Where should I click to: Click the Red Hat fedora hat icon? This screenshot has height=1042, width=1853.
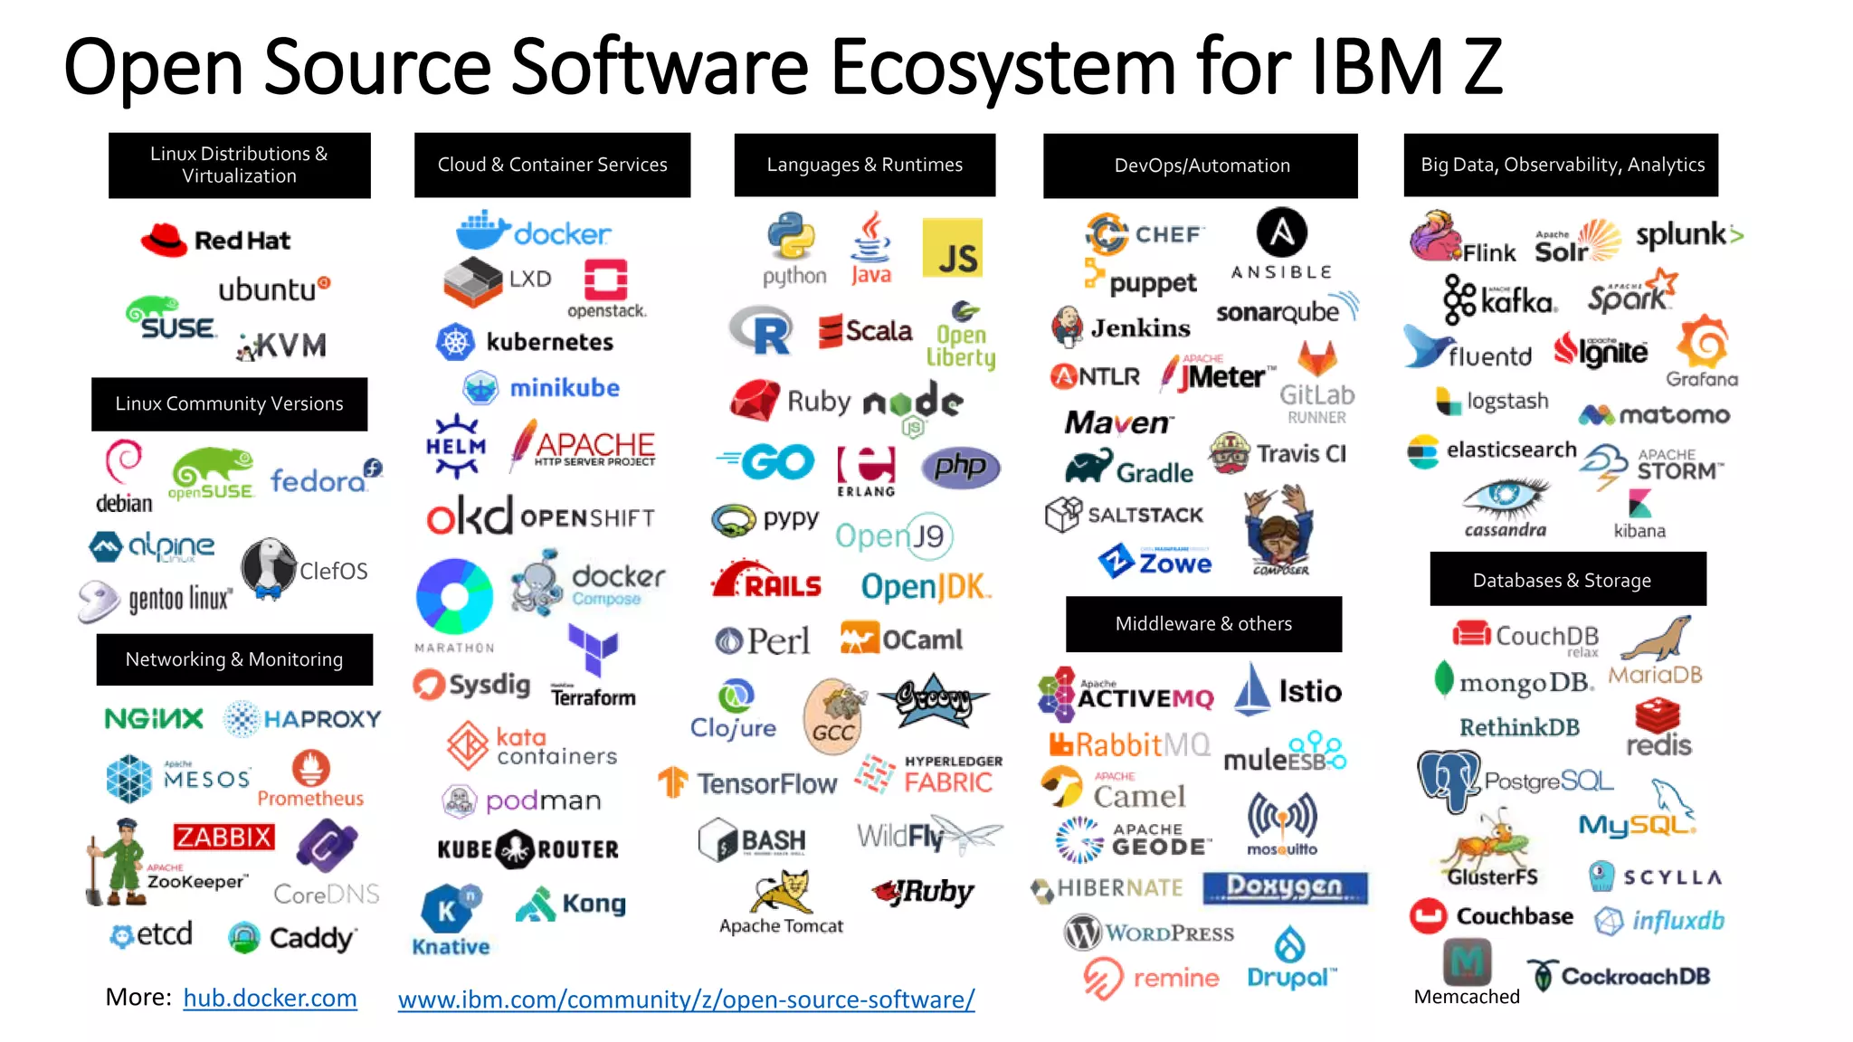[x=164, y=240]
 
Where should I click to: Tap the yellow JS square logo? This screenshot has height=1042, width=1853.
[x=952, y=248]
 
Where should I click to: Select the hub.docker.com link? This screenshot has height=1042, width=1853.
[x=270, y=998]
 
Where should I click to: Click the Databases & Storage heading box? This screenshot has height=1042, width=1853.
[x=1567, y=579]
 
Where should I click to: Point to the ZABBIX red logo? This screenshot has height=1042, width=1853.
[x=223, y=836]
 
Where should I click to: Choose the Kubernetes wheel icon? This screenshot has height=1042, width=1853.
[x=455, y=342]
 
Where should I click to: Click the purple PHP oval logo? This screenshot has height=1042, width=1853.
[x=960, y=467]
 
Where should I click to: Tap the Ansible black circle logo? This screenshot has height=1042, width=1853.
[x=1281, y=232]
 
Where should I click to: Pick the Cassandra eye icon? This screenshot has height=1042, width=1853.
[x=1505, y=496]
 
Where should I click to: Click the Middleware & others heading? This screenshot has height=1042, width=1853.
[x=1203, y=623]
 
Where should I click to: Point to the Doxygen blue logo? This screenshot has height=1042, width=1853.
[x=1285, y=887]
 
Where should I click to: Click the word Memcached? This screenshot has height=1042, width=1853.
[x=1466, y=996]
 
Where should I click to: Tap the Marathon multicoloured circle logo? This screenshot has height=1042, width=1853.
[x=454, y=596]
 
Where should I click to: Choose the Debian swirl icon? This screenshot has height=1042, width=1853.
[x=123, y=462]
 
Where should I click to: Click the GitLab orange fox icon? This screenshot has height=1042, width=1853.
[x=1316, y=359]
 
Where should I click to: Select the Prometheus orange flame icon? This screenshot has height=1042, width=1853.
[x=310, y=769]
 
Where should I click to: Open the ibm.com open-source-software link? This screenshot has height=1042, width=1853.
[x=686, y=999]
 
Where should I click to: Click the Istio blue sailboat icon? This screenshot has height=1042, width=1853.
[x=1252, y=690]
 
